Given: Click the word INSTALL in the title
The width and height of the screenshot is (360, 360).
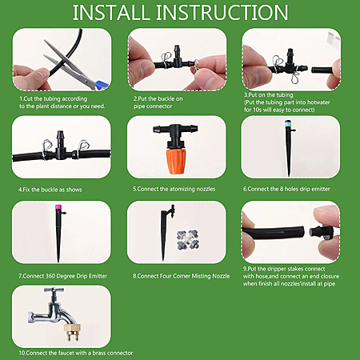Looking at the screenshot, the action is click(x=110, y=12).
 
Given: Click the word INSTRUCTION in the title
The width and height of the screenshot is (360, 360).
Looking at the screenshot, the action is click(x=222, y=12).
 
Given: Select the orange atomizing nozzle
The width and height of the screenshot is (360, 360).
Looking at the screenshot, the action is click(x=175, y=161).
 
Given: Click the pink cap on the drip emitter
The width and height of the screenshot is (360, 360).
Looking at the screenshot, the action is click(x=58, y=206).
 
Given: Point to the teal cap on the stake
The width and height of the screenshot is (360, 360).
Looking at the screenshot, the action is click(x=287, y=123).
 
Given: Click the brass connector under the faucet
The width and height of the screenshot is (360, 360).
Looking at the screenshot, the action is click(x=72, y=333).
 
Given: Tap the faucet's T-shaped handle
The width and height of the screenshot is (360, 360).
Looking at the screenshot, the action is click(x=54, y=290).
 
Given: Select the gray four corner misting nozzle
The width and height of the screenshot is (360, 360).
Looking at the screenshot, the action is click(x=188, y=240).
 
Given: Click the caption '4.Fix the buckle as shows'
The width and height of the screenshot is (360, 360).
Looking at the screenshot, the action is click(x=50, y=190).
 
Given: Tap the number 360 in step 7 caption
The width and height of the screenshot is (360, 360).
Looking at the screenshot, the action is click(x=50, y=276).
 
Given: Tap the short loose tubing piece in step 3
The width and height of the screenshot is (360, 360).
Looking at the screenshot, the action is click(x=322, y=70).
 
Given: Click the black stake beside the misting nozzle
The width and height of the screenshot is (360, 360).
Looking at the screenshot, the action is click(x=166, y=232).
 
